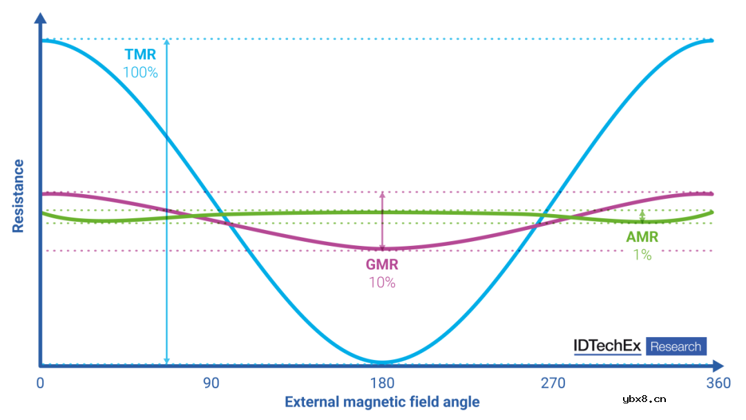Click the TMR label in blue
(x=140, y=55)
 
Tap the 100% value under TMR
(x=140, y=71)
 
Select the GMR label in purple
(x=382, y=265)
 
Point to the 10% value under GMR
(x=382, y=282)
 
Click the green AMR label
(x=642, y=238)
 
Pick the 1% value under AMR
(x=642, y=254)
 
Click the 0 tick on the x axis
(x=40, y=383)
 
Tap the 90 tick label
(x=211, y=383)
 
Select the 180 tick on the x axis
(x=382, y=383)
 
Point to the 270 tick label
(x=553, y=383)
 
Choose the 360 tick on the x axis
(x=718, y=383)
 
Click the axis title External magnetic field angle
(x=382, y=402)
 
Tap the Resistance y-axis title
(x=18, y=195)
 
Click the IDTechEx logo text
(x=608, y=346)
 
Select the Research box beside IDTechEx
(x=676, y=346)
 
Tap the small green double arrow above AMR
(x=642, y=217)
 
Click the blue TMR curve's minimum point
(x=382, y=361)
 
